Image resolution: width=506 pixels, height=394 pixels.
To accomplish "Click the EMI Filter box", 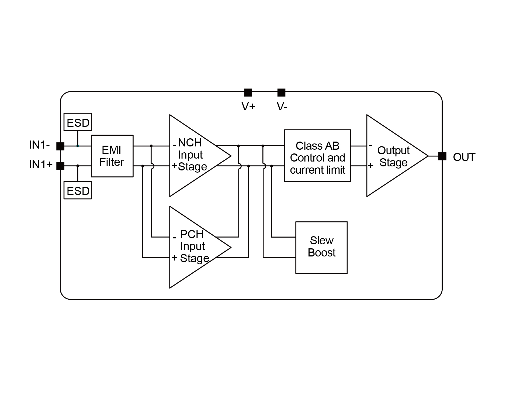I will (x=112, y=156).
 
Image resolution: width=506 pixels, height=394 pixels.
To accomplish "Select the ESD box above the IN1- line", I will (x=78, y=122).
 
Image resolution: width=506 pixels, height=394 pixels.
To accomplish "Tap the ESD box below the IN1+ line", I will (x=78, y=190).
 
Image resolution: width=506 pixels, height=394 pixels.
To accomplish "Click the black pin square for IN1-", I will (x=60, y=146).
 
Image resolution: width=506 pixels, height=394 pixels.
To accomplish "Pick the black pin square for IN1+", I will (x=60, y=166).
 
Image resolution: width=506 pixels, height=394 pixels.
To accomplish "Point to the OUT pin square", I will (x=442, y=156).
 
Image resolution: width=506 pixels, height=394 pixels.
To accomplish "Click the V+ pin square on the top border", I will (x=248, y=92).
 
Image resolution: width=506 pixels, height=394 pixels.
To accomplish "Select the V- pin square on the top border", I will (x=281, y=92).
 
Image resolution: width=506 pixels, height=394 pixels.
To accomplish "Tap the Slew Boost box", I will (x=321, y=247).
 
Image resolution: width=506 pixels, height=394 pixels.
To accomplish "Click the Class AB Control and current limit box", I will (x=317, y=156).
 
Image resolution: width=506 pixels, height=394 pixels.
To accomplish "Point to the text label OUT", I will (x=464, y=157).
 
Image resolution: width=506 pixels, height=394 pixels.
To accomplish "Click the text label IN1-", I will (x=39, y=145).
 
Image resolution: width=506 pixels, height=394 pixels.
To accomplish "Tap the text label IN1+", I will (x=41, y=165).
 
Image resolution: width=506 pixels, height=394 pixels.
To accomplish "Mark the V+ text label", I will (x=248, y=107).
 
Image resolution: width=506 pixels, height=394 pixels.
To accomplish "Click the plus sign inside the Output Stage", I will (x=370, y=166).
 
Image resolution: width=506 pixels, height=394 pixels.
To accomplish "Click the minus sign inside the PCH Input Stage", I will (x=174, y=238).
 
